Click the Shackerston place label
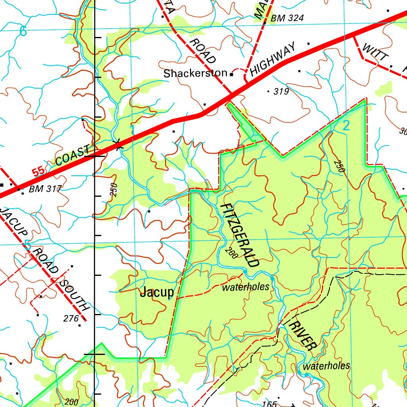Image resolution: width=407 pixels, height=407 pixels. (x=195, y=74)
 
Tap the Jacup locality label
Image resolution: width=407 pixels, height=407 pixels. (x=157, y=293)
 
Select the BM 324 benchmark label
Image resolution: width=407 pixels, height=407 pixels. (x=287, y=18)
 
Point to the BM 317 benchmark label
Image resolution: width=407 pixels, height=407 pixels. (x=45, y=189)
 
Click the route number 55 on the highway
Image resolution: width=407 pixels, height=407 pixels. (x=38, y=172)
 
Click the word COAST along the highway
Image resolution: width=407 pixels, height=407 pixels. (x=73, y=156)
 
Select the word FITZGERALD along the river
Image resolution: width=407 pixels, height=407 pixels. (x=240, y=235)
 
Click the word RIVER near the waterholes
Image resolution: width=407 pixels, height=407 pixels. (x=303, y=336)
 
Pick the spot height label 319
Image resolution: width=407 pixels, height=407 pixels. (x=281, y=92)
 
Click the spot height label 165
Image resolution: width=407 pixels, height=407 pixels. (x=269, y=404)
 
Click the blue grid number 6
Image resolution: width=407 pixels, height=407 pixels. (x=23, y=32)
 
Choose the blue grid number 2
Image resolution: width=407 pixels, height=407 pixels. (x=346, y=126)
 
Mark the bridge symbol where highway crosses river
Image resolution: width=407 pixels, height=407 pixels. (x=117, y=145)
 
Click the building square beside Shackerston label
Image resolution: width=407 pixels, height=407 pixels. (x=231, y=74)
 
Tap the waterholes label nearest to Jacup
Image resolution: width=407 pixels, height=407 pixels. (x=245, y=287)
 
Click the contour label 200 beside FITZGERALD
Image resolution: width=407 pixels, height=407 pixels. (x=231, y=253)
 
